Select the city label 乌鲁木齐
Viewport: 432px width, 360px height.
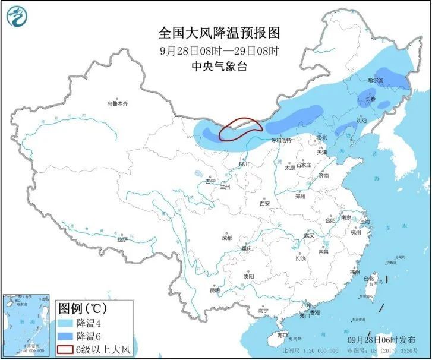(117, 103)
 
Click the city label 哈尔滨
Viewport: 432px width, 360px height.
(375, 80)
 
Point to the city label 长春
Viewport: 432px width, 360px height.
(370, 99)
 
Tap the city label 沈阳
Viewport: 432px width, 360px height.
(361, 121)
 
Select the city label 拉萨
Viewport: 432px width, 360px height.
(122, 239)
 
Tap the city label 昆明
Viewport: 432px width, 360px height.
(215, 290)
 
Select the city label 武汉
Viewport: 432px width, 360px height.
(308, 235)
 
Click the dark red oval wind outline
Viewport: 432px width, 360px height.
(240, 129)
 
